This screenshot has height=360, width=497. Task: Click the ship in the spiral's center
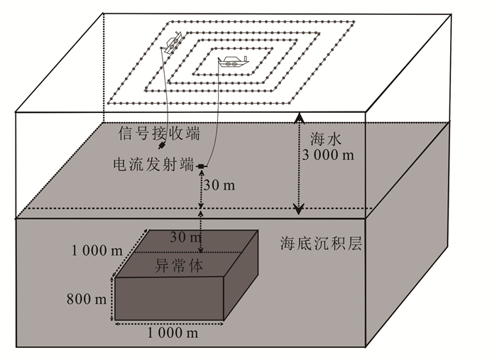[231, 61]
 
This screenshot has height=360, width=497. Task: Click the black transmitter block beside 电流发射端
[201, 166]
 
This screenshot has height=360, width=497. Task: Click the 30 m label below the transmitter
[219, 185]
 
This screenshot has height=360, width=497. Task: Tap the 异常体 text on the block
[174, 267]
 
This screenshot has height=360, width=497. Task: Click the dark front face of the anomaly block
[170, 298]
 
